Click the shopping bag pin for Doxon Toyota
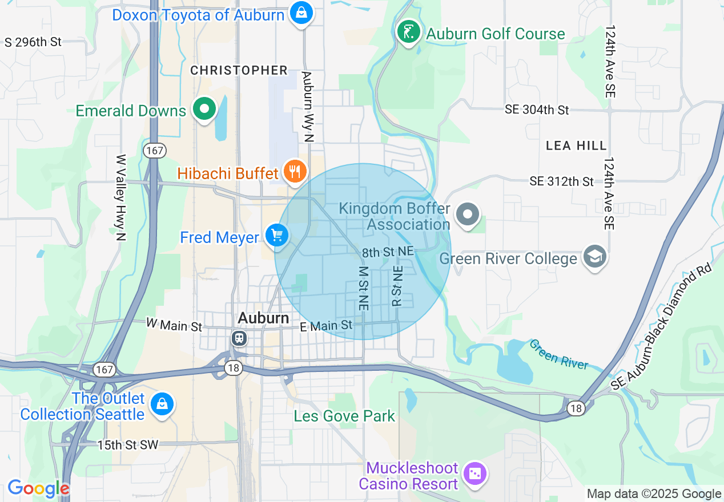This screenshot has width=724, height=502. (301, 13)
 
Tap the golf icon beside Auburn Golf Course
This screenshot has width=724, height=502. (409, 32)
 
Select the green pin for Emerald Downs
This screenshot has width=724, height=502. (204, 108)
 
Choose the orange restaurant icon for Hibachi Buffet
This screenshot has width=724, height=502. (295, 171)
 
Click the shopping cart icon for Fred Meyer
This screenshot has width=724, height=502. (277, 235)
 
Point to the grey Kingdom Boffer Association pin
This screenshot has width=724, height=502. (468, 215)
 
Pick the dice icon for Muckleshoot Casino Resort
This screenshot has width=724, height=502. (474, 473)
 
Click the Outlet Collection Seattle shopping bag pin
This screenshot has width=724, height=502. (162, 404)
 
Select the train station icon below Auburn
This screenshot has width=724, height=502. (239, 338)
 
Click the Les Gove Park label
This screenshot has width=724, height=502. (344, 416)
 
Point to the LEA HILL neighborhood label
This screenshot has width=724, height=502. (576, 146)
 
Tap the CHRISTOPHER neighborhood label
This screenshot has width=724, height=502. (239, 70)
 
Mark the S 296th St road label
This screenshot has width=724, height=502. (33, 42)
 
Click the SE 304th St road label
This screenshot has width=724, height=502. (537, 110)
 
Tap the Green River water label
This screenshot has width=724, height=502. (558, 354)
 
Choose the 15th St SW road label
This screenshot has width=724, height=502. (127, 445)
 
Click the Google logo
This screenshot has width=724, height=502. (38, 489)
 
